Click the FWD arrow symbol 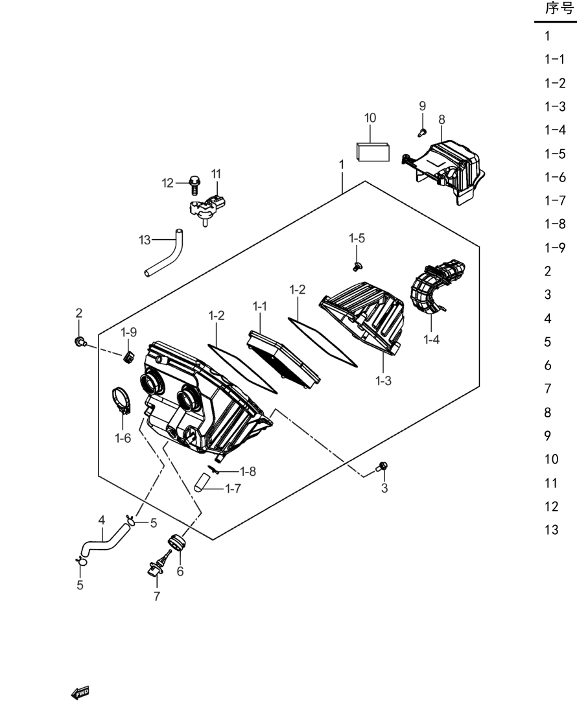(80, 693)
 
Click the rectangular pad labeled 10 (373, 152)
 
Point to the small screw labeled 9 (421, 133)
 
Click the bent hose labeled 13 (165, 253)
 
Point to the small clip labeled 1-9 (128, 357)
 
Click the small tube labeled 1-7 (202, 482)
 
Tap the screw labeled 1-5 (357, 266)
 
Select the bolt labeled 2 (80, 342)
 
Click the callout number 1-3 (383, 381)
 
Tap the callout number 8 (442, 120)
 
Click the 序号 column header (559, 8)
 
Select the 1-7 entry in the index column (555, 200)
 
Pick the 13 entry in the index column (551, 530)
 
